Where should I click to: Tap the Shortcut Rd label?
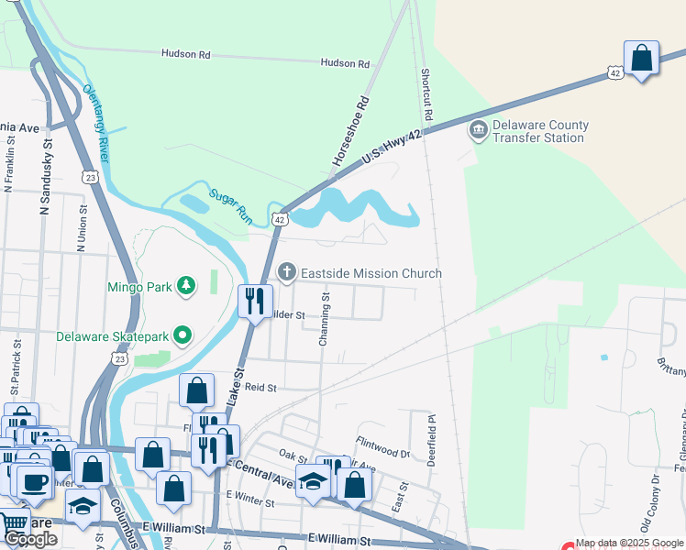click(x=426, y=95)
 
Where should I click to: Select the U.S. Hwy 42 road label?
click(x=392, y=147)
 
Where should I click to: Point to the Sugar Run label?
click(x=230, y=207)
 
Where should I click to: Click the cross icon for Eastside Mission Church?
click(x=287, y=272)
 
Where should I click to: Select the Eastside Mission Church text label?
click(x=372, y=273)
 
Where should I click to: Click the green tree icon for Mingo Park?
click(x=186, y=287)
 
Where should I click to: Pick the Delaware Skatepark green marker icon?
click(x=183, y=335)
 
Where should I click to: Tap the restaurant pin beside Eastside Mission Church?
click(x=255, y=300)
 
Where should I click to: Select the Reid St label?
click(x=260, y=388)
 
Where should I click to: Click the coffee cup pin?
click(x=33, y=482)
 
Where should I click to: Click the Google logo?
click(x=30, y=539)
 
